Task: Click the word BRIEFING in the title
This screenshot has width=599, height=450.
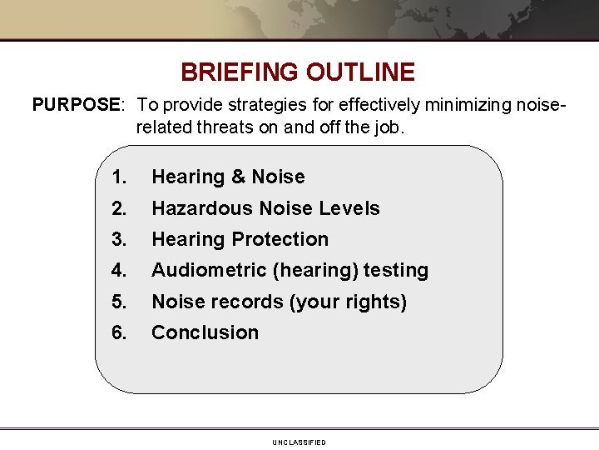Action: pos(240,72)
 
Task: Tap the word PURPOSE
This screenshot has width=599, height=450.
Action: pos(76,105)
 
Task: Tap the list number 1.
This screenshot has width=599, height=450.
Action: pos(119,177)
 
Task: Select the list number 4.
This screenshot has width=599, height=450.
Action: pos(119,271)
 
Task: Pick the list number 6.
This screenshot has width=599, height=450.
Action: pos(119,333)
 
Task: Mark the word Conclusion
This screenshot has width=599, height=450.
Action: pos(205,333)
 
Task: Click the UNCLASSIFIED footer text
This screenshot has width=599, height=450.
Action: pos(299,442)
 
